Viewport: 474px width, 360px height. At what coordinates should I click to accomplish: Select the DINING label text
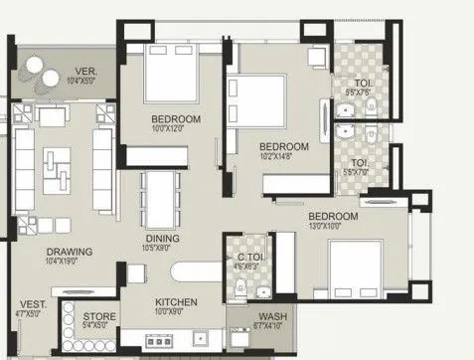(162, 239)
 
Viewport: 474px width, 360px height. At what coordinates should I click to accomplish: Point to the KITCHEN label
(176, 301)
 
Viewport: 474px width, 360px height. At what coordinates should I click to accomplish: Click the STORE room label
(99, 317)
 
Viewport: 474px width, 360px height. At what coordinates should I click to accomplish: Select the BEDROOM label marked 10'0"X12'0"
(176, 119)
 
